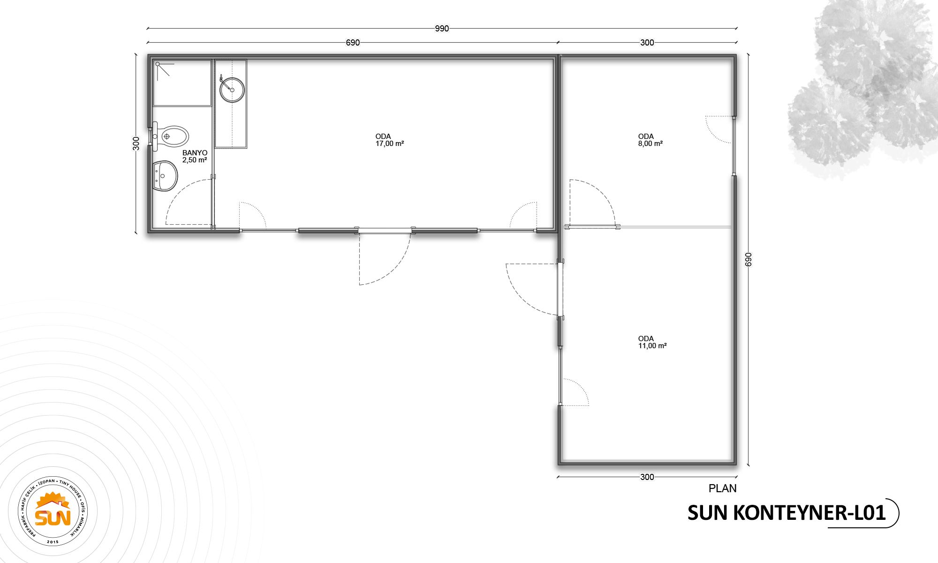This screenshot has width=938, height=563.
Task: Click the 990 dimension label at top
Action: click(x=442, y=29)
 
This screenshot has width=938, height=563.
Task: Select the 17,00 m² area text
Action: click(x=389, y=144)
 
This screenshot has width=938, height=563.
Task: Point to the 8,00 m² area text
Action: click(x=647, y=144)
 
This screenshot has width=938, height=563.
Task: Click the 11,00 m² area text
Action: click(x=652, y=346)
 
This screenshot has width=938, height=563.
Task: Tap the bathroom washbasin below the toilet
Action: click(x=165, y=176)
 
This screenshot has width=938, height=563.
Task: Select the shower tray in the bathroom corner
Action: click(x=182, y=83)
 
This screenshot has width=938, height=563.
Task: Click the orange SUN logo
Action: click(x=54, y=513)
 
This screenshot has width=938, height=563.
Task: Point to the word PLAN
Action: click(x=722, y=488)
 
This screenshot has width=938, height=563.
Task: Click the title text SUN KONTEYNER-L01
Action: click(x=787, y=513)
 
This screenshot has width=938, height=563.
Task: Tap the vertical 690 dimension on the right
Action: click(x=748, y=259)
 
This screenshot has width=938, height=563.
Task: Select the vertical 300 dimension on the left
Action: click(x=136, y=143)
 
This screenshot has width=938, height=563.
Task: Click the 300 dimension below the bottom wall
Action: click(x=647, y=477)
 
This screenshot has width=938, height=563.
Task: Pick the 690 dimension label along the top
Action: click(x=353, y=43)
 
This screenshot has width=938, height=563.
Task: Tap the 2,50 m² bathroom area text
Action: click(x=195, y=160)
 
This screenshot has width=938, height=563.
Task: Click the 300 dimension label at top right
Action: click(x=647, y=43)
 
